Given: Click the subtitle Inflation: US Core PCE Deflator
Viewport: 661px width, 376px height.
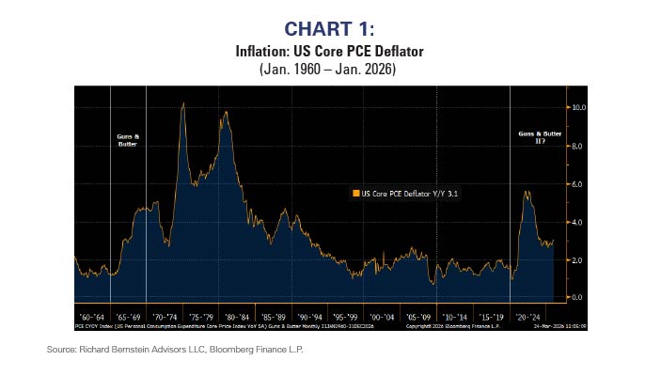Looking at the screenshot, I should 330,51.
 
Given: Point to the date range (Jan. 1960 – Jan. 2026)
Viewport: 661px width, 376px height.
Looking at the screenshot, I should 330,69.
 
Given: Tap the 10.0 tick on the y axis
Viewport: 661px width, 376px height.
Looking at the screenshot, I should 579,108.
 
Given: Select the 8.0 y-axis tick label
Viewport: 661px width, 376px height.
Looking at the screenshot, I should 578,147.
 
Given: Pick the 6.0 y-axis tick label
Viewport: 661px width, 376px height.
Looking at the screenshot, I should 578,184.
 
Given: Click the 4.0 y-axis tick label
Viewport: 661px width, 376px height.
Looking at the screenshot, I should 578,222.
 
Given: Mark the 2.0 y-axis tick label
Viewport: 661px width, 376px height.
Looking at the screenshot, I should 578,259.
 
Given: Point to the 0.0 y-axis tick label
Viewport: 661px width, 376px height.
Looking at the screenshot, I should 578,297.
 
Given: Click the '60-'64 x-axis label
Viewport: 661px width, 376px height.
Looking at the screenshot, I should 92,317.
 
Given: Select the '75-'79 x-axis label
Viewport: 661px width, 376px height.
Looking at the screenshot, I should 201,317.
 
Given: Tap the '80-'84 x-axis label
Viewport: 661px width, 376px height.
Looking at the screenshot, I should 237,317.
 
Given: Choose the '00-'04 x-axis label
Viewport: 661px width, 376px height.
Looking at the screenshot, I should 382,317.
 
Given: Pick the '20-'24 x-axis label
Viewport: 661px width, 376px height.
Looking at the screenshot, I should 527,317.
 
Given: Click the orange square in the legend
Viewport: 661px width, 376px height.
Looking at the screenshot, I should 355,193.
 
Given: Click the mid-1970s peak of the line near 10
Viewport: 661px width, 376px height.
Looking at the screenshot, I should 182,103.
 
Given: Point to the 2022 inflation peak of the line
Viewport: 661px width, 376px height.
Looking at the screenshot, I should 527,191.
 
